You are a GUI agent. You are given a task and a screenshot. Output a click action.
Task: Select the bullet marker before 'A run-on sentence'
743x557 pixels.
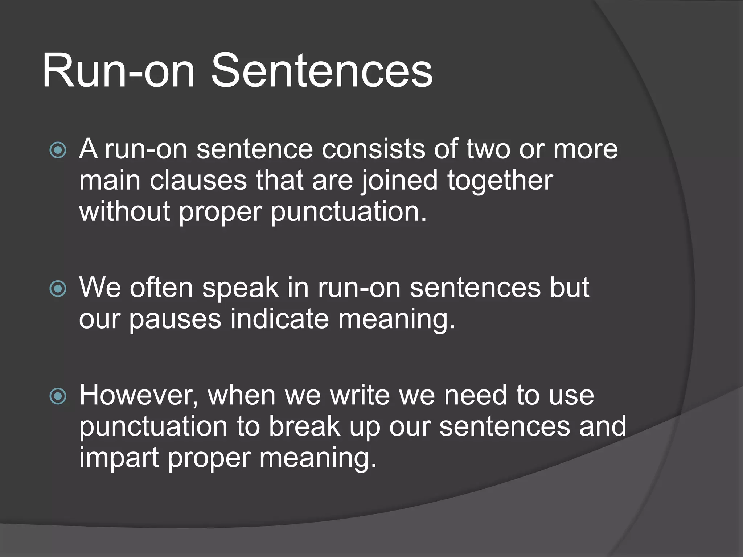click(x=58, y=150)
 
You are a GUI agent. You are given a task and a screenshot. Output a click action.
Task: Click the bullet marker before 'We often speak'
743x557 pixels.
click(x=58, y=289)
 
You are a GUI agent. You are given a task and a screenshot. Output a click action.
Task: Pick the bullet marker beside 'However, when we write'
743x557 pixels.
click(x=58, y=396)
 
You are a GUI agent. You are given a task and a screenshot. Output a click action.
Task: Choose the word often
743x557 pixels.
click(x=161, y=288)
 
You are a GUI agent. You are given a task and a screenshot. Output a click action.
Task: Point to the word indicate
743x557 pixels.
click(x=279, y=319)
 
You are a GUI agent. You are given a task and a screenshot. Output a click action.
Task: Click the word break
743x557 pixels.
click(x=304, y=426)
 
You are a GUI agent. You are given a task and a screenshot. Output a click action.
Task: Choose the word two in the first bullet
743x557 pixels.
click(x=488, y=149)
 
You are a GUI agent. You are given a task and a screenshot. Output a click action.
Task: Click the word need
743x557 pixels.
click(x=475, y=395)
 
